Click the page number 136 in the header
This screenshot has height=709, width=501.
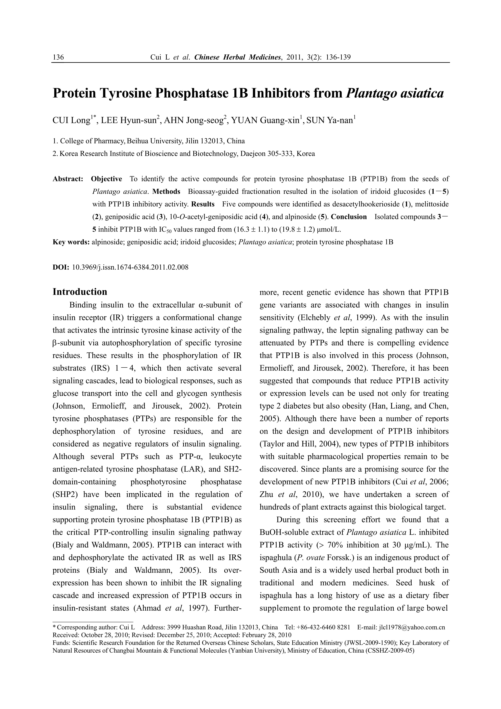tap(58, 57)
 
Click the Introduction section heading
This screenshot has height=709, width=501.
tap(80, 292)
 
